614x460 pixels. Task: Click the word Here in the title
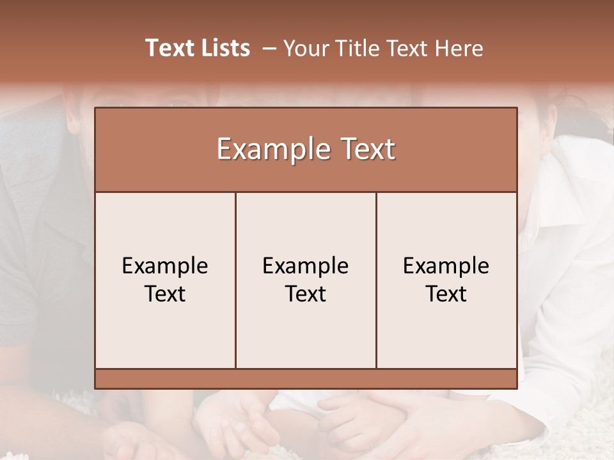pyautogui.click(x=459, y=49)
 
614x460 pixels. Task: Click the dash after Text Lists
pyautogui.click(x=270, y=49)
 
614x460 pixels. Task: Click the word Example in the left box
pyautogui.click(x=165, y=266)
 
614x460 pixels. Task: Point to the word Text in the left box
pyautogui.click(x=165, y=294)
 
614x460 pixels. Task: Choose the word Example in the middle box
pyautogui.click(x=306, y=266)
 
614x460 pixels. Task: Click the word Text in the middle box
pyautogui.click(x=306, y=294)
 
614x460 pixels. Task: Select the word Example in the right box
pyautogui.click(x=446, y=266)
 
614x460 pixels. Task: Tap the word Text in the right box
pyautogui.click(x=446, y=294)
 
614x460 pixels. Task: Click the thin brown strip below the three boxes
pyautogui.click(x=306, y=378)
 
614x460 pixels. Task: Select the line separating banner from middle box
pyautogui.click(x=306, y=192)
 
